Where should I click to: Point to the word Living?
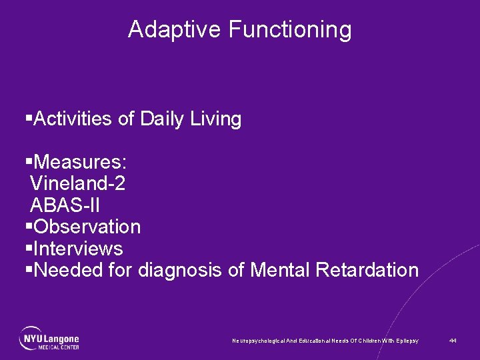[x=216, y=120]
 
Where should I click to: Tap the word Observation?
[x=87, y=227]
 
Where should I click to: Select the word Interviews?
[x=78, y=249]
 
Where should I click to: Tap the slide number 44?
[x=453, y=341]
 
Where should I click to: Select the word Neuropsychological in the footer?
[x=259, y=341]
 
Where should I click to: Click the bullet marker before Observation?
[x=28, y=227]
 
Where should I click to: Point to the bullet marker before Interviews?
[x=28, y=249]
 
